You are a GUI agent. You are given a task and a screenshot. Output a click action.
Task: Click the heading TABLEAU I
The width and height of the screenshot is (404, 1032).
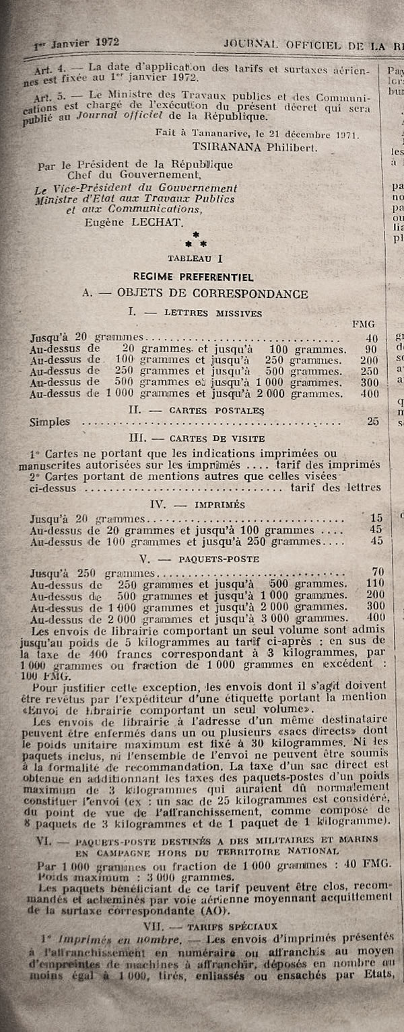196,257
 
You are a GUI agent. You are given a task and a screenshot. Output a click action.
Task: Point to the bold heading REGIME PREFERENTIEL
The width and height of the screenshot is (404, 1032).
193,276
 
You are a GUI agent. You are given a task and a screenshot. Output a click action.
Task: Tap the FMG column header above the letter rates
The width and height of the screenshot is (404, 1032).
364,324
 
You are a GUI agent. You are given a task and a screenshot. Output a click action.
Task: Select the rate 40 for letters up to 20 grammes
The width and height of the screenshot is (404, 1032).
371,338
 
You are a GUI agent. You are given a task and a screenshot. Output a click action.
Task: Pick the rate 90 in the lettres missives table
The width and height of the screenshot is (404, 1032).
371,349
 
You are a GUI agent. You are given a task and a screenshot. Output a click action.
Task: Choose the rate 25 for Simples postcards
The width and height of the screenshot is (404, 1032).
372,422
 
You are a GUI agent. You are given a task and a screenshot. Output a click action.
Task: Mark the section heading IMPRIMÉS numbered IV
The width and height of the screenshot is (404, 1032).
200,504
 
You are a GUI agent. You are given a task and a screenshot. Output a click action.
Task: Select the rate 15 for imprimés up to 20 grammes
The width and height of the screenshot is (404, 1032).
376,518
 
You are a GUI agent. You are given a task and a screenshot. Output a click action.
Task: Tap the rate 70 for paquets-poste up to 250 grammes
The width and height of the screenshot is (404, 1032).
378,572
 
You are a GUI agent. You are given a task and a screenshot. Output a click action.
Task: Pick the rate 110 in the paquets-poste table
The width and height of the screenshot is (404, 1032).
375,584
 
